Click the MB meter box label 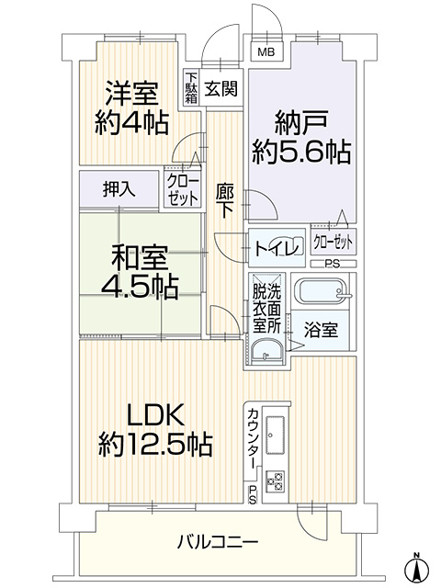click(x=266, y=51)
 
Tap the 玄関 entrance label click(x=221, y=88)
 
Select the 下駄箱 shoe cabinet click(x=191, y=88)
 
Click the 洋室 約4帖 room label click(x=131, y=107)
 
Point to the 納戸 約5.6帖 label click(x=301, y=137)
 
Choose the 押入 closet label click(x=119, y=189)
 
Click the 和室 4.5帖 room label click(x=139, y=271)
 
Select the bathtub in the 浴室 click(x=322, y=291)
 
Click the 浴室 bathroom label click(x=321, y=330)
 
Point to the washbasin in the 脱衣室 click(x=266, y=353)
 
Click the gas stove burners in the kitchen click(x=276, y=481)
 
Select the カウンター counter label click(x=253, y=438)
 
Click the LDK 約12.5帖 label click(x=155, y=430)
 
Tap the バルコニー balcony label click(x=218, y=543)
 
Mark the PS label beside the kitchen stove click(x=253, y=495)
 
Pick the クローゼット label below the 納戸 click(x=333, y=243)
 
